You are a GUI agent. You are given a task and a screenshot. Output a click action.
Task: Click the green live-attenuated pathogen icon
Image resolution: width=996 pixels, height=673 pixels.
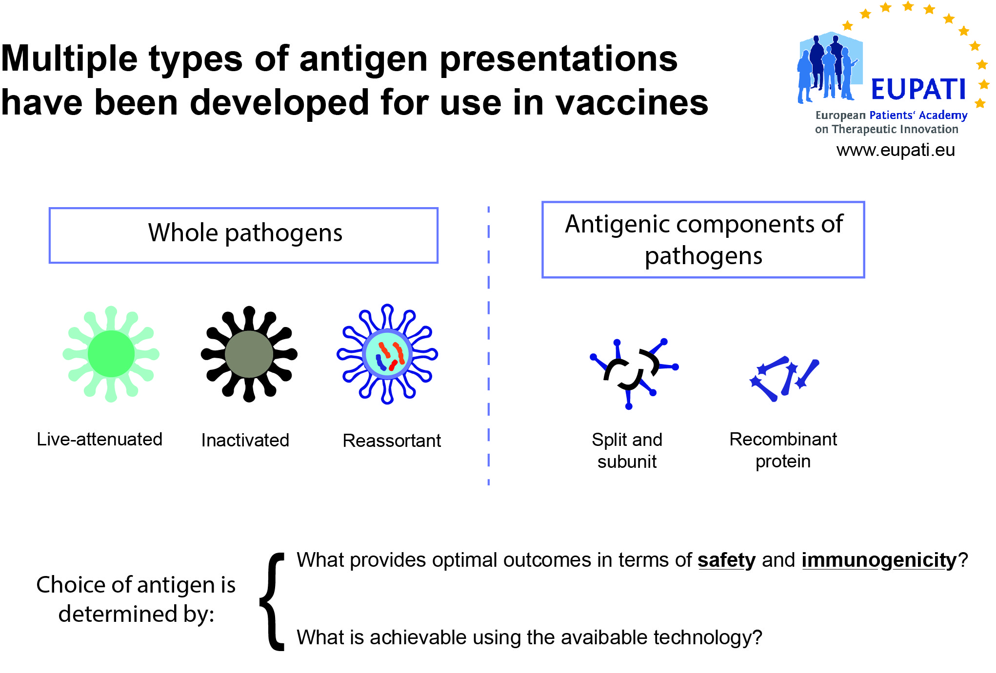pos(111,354)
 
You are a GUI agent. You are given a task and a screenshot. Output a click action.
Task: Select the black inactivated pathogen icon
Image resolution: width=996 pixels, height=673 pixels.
pos(249,354)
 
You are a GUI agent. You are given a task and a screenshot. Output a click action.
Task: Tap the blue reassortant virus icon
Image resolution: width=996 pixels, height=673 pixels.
pos(387,354)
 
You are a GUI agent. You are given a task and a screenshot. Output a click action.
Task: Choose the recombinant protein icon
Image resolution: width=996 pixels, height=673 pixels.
pos(784,378)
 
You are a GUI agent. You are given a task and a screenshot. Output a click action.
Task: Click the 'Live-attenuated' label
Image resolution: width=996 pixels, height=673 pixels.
pos(100,439)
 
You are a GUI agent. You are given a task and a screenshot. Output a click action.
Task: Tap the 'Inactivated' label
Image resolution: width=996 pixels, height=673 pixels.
pos(245,440)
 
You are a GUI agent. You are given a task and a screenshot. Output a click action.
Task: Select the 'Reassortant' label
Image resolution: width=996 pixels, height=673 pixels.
pos(392,441)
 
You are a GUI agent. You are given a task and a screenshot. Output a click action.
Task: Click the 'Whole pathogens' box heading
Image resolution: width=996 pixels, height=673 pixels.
pos(245,233)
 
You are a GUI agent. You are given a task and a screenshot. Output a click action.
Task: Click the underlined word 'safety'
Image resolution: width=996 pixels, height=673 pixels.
pos(727,560)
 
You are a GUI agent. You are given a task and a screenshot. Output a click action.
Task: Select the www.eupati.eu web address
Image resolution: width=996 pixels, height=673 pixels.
pos(896,150)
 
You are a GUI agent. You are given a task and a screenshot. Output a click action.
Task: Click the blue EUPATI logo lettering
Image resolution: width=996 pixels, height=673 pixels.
pos(918,89)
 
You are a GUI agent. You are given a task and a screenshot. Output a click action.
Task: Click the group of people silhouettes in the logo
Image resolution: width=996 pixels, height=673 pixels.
pos(827,68)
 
